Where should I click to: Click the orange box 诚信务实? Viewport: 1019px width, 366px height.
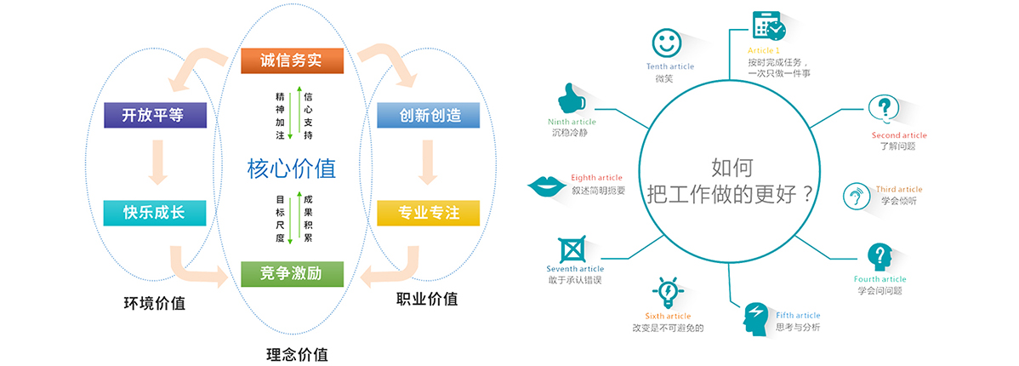291,61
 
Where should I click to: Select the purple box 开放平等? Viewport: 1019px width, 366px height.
155,114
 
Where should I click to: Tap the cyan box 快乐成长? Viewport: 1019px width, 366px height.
155,213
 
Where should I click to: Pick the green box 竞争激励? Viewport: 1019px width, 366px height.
291,273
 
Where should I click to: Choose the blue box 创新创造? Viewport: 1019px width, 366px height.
428,115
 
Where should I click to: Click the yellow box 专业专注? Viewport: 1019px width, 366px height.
428,213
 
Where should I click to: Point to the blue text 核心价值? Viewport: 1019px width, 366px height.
292,168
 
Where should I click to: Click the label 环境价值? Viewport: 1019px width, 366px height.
155,302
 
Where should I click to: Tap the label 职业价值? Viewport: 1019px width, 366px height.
427,299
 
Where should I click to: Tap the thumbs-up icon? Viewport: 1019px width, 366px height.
575,98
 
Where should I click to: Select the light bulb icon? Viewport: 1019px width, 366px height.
668,293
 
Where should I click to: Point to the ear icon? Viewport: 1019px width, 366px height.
854,197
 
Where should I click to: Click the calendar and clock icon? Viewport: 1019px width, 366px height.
769,26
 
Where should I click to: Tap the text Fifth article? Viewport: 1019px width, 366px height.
798,316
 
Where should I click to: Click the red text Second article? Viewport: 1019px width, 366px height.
899,135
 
